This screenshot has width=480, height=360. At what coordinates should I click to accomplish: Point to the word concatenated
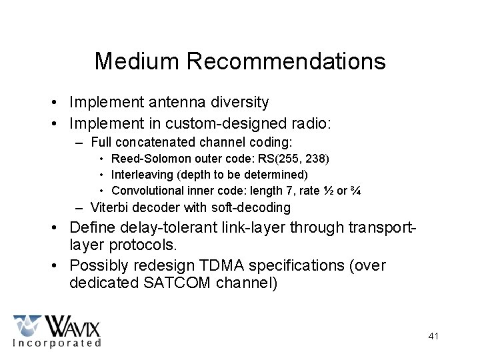[166, 142]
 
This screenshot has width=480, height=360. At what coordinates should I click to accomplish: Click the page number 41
[433, 336]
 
